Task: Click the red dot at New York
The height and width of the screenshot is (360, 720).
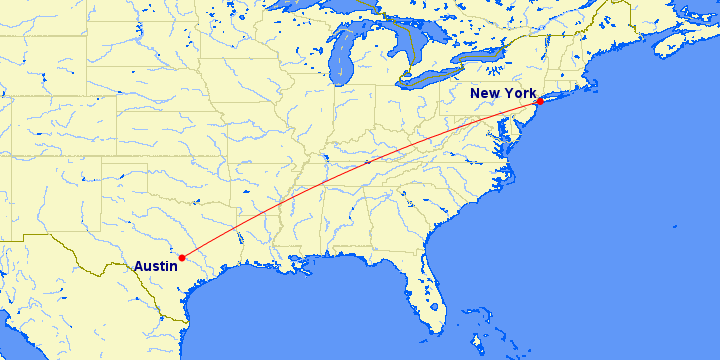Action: [x=539, y=102]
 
